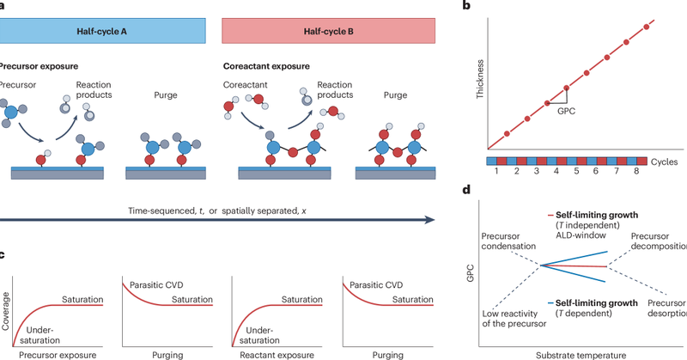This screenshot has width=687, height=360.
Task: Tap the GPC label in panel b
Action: click(566, 111)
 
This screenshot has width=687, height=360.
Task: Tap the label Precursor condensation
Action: click(509, 240)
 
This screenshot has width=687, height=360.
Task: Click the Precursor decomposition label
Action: click(658, 241)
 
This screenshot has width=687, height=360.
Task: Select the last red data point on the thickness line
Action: click(647, 27)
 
